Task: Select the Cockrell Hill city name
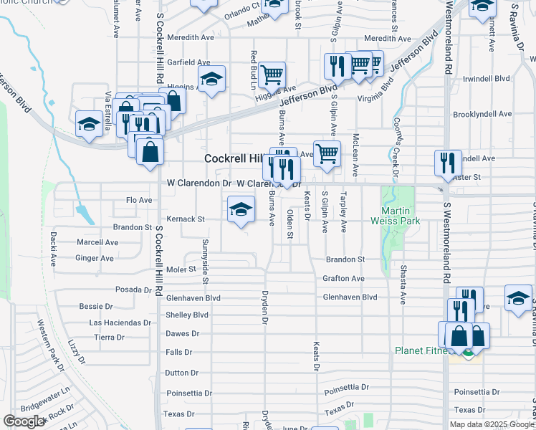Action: coord(234,158)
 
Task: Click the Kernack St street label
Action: coord(186,219)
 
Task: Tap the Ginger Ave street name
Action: coord(95,258)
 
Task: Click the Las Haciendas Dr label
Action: coord(119,322)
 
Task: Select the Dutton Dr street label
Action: coord(181,373)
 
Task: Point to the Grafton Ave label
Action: coord(344,278)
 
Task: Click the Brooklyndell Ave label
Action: coord(483,114)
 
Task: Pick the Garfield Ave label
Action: coord(188,62)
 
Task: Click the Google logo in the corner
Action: coord(24,421)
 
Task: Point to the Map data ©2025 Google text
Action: coord(492,424)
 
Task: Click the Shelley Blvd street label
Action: coord(187,315)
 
